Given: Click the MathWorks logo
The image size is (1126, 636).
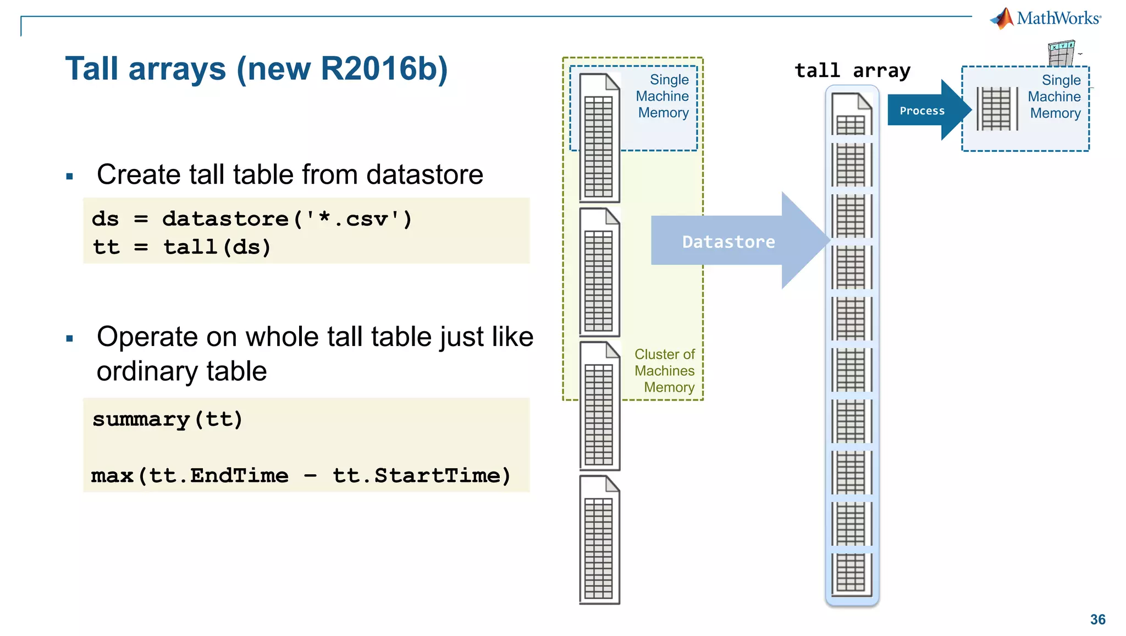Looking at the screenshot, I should [x=1046, y=19].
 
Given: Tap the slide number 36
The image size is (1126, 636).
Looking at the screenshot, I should [x=1097, y=619].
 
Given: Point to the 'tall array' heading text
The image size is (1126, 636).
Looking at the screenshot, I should [x=852, y=71].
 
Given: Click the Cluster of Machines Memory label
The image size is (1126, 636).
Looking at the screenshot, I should [x=664, y=370].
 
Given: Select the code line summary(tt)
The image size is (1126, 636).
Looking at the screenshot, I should [x=167, y=420].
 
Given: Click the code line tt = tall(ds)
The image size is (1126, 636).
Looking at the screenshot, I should [x=181, y=247].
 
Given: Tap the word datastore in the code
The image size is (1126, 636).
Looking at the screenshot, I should [x=225, y=219].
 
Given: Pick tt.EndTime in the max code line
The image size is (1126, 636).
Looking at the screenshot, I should [x=218, y=475].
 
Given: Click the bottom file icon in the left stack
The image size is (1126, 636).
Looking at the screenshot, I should [x=599, y=540].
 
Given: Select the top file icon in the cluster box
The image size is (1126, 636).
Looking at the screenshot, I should [x=599, y=138].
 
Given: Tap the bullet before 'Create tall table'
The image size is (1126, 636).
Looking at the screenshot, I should [x=69, y=177].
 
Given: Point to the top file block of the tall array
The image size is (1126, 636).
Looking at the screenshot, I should [x=851, y=114].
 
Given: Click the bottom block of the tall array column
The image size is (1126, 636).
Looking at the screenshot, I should [x=851, y=573].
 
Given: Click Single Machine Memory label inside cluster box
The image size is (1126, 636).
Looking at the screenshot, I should [x=663, y=96].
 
